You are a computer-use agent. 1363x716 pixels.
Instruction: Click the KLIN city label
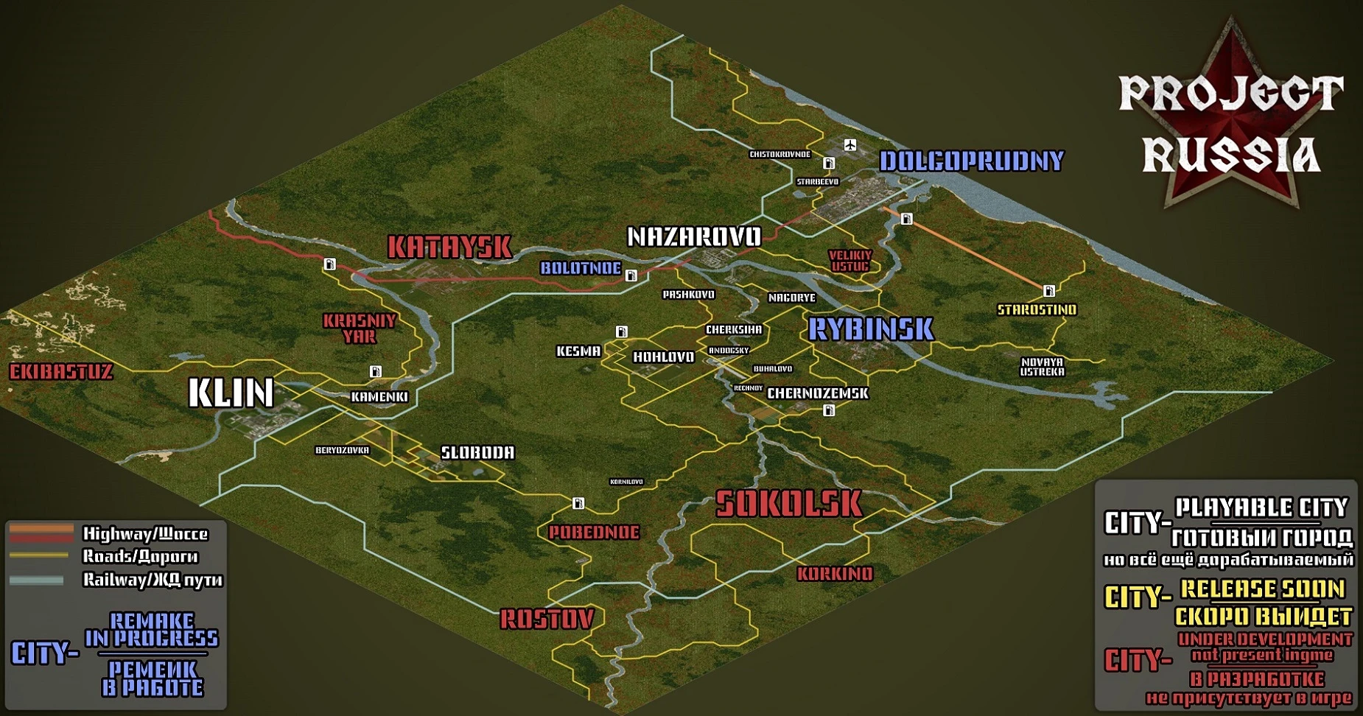click(x=231, y=393)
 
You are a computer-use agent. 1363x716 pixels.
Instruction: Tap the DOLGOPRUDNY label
click(x=972, y=161)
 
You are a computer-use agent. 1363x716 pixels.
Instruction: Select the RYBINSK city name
click(x=871, y=329)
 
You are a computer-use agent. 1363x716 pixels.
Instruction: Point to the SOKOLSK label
click(x=788, y=504)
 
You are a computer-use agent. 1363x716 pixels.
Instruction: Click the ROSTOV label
click(x=547, y=619)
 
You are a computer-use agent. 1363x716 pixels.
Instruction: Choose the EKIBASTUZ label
click(x=61, y=371)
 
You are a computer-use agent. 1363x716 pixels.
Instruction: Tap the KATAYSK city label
click(x=449, y=247)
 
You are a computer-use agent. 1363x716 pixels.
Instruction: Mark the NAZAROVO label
click(x=694, y=236)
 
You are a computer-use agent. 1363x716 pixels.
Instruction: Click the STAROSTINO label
click(x=1037, y=310)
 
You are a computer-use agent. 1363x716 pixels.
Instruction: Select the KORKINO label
click(x=835, y=573)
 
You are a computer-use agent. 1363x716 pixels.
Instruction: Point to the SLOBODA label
click(x=477, y=452)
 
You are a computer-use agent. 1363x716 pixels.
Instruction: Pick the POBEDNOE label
click(x=594, y=532)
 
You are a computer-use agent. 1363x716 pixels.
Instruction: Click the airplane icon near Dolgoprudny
click(x=851, y=144)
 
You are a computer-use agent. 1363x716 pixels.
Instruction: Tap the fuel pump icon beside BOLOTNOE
click(x=631, y=275)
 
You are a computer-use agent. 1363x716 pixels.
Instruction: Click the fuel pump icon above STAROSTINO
click(x=1049, y=290)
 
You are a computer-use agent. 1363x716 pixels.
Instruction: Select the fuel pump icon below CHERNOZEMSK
click(x=829, y=410)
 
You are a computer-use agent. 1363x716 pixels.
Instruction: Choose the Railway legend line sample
click(x=37, y=580)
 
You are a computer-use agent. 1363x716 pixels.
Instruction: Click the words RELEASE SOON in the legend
click(x=1262, y=589)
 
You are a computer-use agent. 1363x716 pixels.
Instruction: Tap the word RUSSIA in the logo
click(x=1230, y=155)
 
